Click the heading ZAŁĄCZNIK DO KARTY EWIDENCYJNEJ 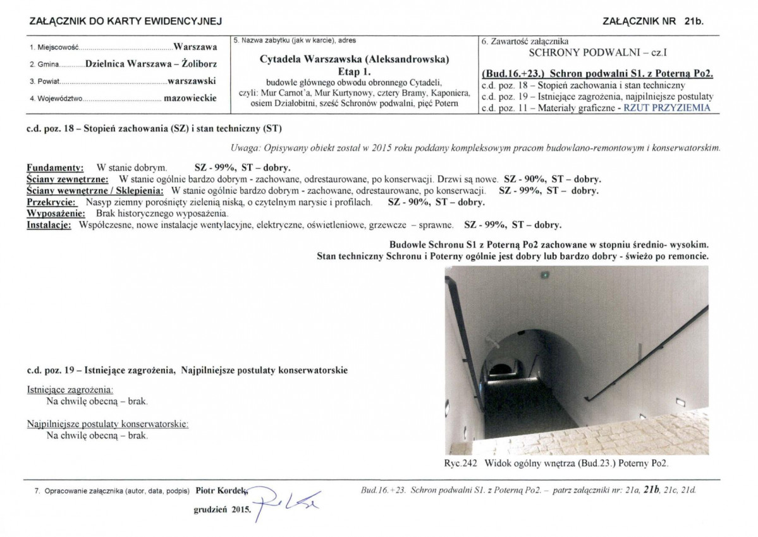pyautogui.click(x=126, y=21)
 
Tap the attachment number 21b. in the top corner pyautogui.click(x=694, y=21)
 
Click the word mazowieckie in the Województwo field pyautogui.click(x=190, y=98)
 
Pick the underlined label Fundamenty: pyautogui.click(x=55, y=169)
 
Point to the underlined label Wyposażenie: pyautogui.click(x=56, y=214)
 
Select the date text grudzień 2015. pyautogui.click(x=221, y=509)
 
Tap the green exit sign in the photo pyautogui.click(x=544, y=275)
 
